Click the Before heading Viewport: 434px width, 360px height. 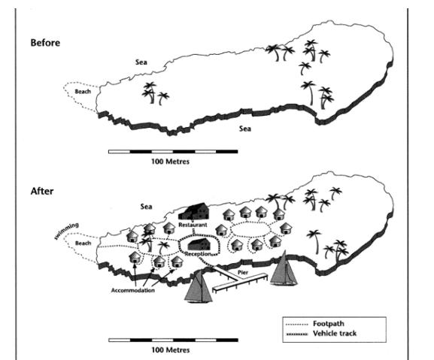pos(45,43)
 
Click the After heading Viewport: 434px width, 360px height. pos(42,191)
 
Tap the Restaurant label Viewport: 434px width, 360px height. pos(193,225)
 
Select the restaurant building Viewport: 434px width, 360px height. pos(194,212)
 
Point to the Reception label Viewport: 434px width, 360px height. pos(198,254)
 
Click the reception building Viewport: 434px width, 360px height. pos(199,244)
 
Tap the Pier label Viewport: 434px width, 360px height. pos(243,273)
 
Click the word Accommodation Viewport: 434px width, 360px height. pos(133,290)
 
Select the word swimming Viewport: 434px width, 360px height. pos(66,231)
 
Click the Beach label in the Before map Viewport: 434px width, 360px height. pos(83,92)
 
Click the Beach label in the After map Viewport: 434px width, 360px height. pos(83,244)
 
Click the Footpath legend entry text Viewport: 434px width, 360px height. pos(329,323)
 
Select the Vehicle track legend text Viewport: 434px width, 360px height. pos(335,334)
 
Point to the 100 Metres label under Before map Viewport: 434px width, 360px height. pos(170,162)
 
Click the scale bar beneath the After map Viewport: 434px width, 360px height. pos(173,340)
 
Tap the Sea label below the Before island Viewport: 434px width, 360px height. pos(245,129)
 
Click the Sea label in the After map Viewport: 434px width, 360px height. pos(146,207)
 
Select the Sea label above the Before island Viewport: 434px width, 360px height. pos(141,62)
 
